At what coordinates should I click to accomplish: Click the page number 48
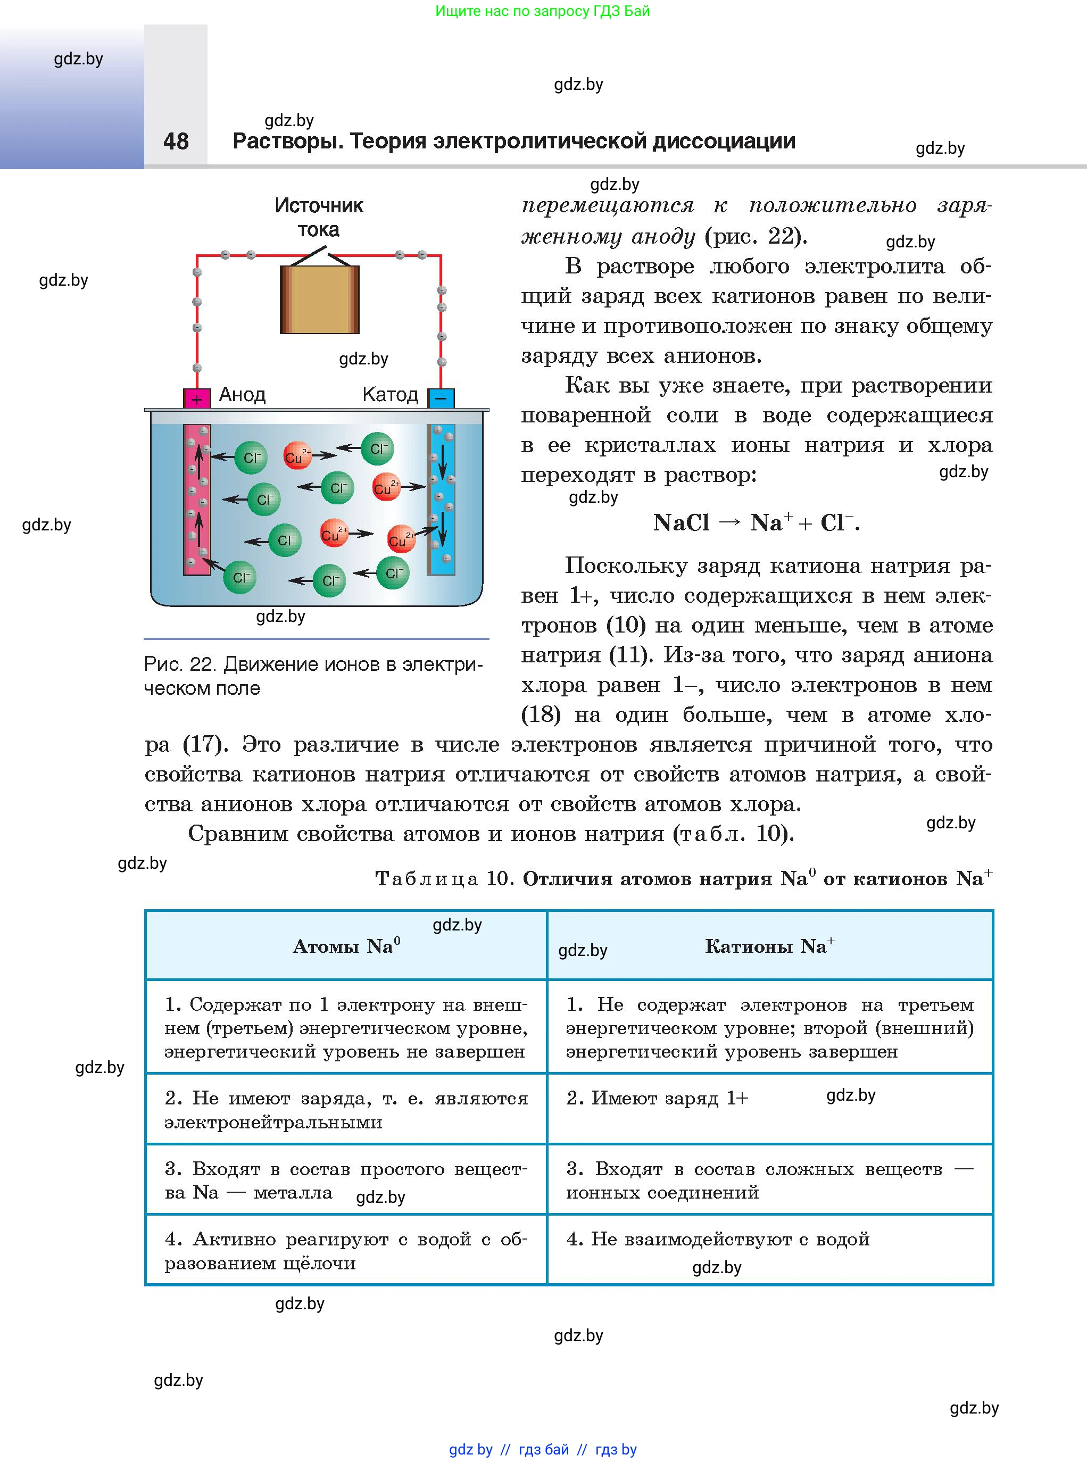tap(176, 142)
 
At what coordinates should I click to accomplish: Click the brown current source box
tap(320, 300)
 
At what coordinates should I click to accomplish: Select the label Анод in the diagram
tap(242, 395)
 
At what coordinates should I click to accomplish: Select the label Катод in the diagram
tap(390, 395)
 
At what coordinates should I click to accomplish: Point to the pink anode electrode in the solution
tap(197, 500)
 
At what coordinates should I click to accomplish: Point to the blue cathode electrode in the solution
tap(441, 500)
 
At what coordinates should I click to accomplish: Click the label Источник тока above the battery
tap(319, 218)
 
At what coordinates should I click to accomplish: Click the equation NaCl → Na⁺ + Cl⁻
tap(756, 523)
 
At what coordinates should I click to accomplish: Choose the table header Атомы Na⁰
tap(346, 946)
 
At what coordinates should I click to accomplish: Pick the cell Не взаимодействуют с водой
tap(718, 1240)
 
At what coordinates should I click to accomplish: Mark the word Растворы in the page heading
tap(287, 142)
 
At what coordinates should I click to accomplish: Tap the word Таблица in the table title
tap(426, 879)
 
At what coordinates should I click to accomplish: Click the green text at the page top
tap(542, 11)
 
